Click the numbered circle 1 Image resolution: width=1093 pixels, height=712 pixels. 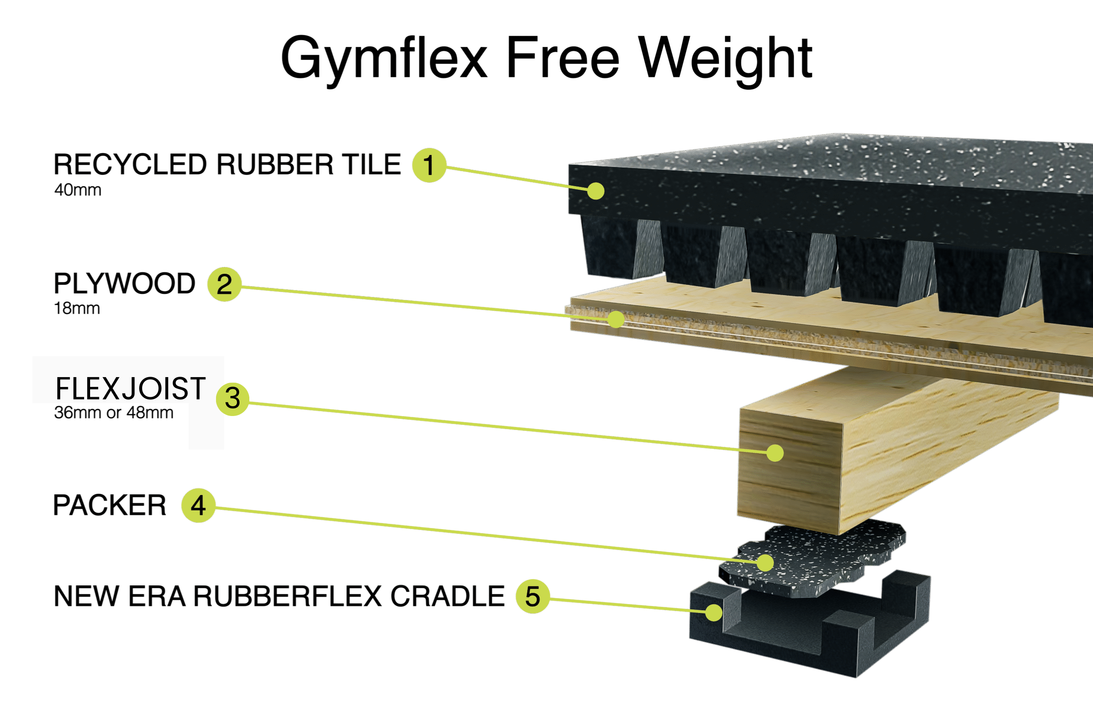coord(429,165)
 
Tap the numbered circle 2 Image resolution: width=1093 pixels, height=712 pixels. coord(224,284)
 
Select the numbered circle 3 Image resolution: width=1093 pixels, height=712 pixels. coord(233,399)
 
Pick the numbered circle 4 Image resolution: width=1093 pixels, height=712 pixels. coord(199,505)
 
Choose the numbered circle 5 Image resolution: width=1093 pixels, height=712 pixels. coord(532,596)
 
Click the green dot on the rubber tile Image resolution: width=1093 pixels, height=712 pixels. coord(596,190)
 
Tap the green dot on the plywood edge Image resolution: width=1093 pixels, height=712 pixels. coord(616,319)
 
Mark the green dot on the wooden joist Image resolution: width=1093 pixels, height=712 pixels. coord(775,453)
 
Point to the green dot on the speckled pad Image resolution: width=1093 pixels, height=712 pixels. coord(765,563)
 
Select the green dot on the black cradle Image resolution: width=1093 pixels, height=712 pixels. coord(714,612)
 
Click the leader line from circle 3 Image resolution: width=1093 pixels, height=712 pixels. coord(505,428)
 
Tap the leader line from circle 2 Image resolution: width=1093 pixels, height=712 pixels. coord(413,300)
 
